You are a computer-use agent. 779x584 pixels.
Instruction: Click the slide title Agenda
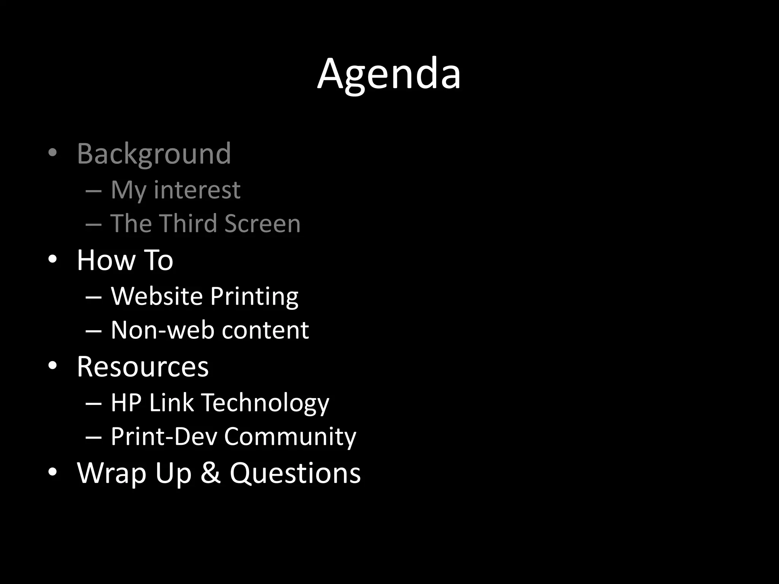click(389, 74)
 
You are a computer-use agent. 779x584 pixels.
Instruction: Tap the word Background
click(154, 154)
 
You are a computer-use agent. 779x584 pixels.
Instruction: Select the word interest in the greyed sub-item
click(197, 190)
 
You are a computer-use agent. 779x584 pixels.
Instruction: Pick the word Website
click(157, 296)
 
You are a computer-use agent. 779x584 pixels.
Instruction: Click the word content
click(265, 330)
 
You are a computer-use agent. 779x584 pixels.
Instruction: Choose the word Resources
click(143, 367)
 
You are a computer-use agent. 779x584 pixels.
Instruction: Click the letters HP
click(126, 403)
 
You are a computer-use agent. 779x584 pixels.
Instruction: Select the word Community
click(290, 437)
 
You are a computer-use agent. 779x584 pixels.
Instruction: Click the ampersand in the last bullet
click(210, 473)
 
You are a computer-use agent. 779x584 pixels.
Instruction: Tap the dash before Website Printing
click(94, 297)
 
